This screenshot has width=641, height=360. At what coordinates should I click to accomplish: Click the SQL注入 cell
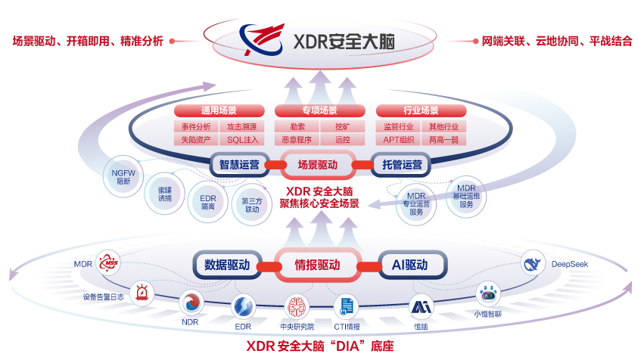click(242, 140)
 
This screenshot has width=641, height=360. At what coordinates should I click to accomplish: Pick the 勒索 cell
click(297, 126)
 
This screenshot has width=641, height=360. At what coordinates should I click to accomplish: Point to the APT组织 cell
click(399, 140)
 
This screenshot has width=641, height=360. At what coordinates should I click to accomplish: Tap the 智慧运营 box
click(239, 164)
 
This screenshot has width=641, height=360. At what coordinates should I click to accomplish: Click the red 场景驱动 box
click(319, 164)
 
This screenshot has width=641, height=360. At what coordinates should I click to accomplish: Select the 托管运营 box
click(402, 164)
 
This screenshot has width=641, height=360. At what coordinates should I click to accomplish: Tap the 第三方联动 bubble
click(250, 205)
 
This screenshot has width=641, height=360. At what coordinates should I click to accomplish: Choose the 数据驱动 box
click(228, 265)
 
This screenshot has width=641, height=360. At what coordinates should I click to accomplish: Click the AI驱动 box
click(409, 265)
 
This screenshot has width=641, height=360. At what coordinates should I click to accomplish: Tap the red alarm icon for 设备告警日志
click(142, 293)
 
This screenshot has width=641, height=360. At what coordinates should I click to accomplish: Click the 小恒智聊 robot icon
click(486, 295)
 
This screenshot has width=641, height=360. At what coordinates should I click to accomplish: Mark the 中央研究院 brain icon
click(297, 307)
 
